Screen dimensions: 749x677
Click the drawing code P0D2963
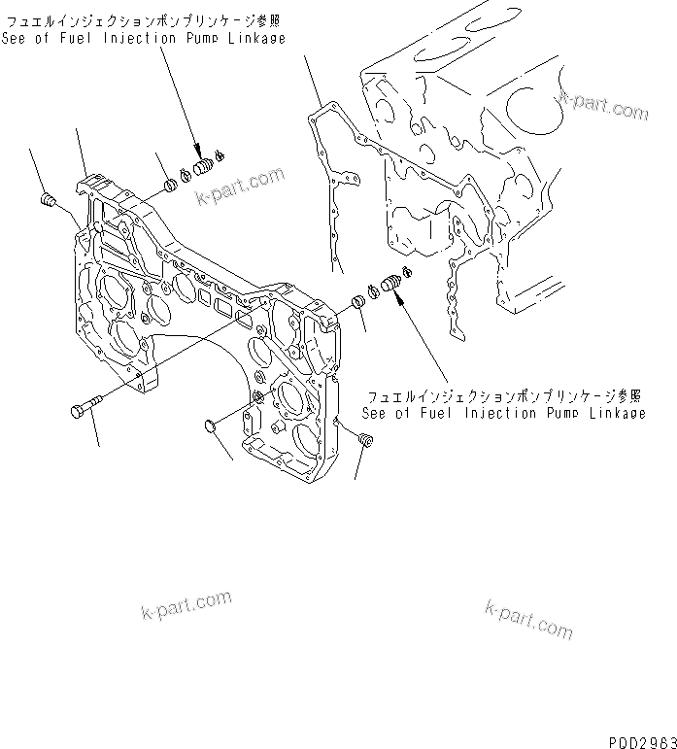(x=641, y=741)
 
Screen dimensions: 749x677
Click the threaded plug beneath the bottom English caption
(x=365, y=443)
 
